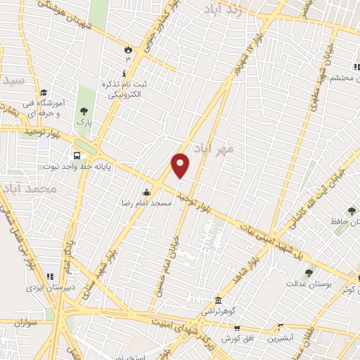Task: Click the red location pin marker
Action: click(181, 165)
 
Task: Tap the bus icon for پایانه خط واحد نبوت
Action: click(76, 155)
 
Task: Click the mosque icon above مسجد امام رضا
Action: click(146, 192)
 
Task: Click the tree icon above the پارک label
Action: click(84, 110)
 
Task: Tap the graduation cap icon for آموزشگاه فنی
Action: click(44, 93)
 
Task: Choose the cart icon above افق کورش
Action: click(237, 328)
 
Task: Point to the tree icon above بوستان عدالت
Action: click(308, 273)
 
